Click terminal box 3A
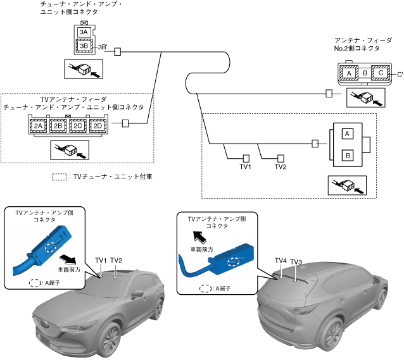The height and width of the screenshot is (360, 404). pos(84,32)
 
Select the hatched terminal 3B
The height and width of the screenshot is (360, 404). pos(84,46)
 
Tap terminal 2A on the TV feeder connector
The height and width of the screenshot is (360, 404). pos(39,126)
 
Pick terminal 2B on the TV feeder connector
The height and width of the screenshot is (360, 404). pos(58,126)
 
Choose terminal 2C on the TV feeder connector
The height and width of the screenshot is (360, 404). pos(78,126)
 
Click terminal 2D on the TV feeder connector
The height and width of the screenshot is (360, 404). pos(98,126)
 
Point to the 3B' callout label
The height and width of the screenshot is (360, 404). pos(103,47)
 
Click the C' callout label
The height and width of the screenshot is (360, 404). pos(400,75)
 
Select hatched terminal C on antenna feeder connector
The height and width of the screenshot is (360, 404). pos(381,73)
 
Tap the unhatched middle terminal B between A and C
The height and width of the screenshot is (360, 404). pos(365,73)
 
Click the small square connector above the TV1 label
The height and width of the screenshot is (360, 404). pos(246,158)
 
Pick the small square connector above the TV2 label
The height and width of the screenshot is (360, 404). pos(281,158)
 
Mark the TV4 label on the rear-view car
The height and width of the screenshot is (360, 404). pos(281,261)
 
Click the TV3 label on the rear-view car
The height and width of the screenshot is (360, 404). pos(296,262)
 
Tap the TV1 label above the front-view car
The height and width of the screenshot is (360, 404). pos(101,260)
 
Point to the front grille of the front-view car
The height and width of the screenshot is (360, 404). pos(48,323)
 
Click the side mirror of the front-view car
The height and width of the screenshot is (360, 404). pos(137,294)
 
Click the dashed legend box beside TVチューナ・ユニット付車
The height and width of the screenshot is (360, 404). pos(60,177)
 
